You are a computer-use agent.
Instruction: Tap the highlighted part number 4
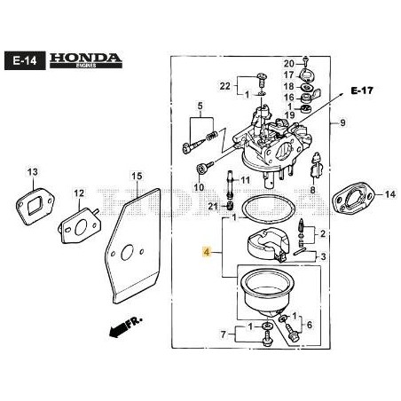pyautogui.click(x=207, y=253)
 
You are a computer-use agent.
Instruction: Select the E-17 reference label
pyautogui.click(x=361, y=90)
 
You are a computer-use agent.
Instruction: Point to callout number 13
pyautogui.click(x=33, y=171)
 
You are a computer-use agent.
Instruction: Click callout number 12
pyautogui.click(x=79, y=193)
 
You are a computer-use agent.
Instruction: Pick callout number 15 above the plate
pyautogui.click(x=137, y=177)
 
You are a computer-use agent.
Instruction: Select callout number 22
pyautogui.click(x=225, y=85)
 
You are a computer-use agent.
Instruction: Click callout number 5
pyautogui.click(x=200, y=107)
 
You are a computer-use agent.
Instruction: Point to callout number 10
pyautogui.click(x=199, y=188)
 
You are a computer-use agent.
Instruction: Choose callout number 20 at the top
pyautogui.click(x=288, y=64)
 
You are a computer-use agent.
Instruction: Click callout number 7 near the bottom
pyautogui.click(x=223, y=334)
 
